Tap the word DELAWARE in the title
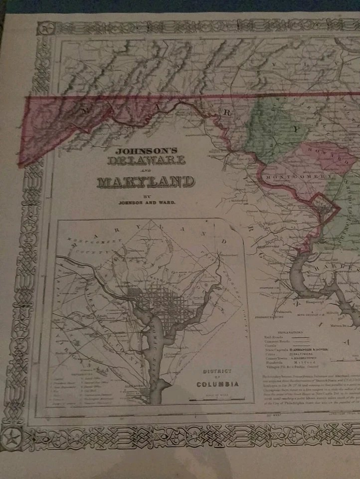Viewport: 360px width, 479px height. point(147,161)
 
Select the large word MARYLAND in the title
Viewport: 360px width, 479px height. point(146,182)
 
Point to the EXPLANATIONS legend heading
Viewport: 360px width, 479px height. point(291,332)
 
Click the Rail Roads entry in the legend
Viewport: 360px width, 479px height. point(279,338)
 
